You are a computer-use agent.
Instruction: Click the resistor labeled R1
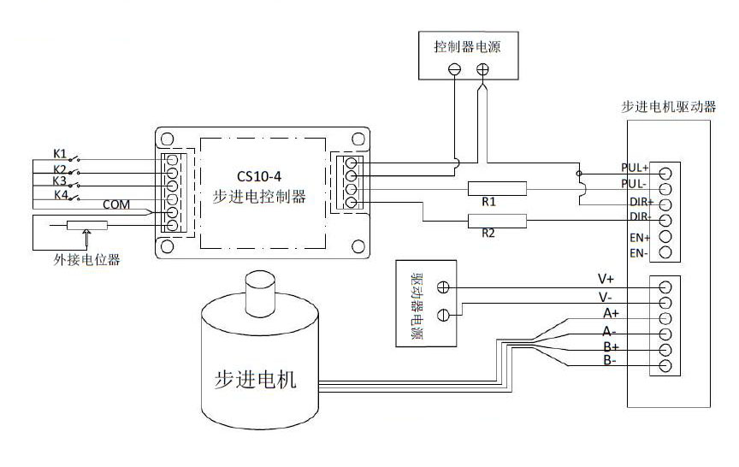tap(497, 188)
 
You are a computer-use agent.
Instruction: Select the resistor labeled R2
tap(497, 222)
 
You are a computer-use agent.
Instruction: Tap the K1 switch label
tap(60, 154)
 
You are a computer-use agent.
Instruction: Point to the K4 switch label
tap(60, 195)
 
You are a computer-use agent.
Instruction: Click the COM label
tap(116, 205)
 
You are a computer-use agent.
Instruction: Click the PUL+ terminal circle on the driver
tap(665, 172)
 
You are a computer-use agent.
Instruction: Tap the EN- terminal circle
tap(665, 253)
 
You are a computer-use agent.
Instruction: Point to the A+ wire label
tap(610, 313)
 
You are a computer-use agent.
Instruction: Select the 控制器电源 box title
tap(467, 47)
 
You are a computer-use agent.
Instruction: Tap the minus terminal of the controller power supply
tap(455, 69)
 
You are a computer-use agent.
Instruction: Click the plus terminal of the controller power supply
tap(482, 69)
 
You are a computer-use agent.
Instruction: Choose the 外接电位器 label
tap(85, 260)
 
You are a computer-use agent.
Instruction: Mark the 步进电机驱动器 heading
tap(668, 108)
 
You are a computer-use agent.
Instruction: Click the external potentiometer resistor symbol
tap(87, 226)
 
